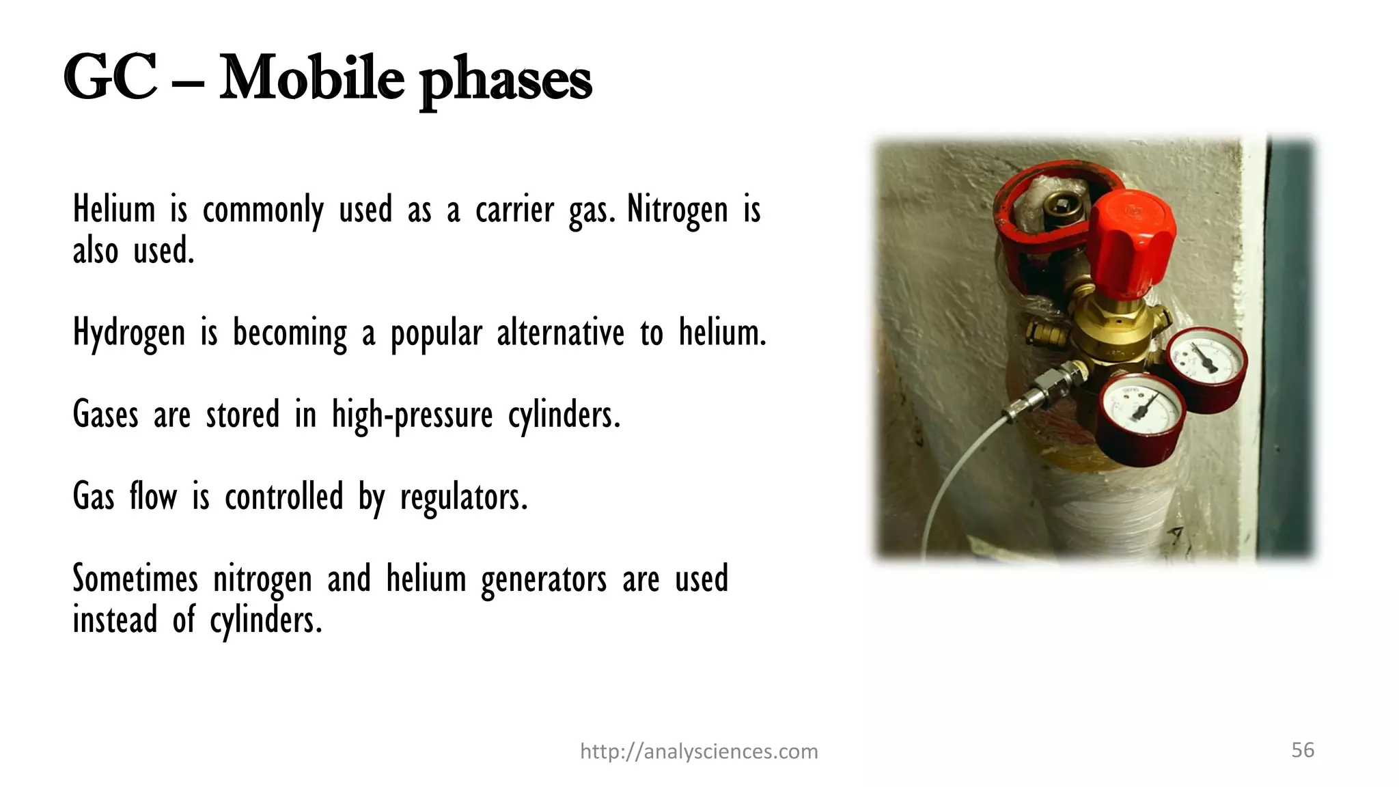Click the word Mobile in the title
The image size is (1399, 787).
click(x=311, y=79)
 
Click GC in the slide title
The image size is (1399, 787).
click(x=111, y=79)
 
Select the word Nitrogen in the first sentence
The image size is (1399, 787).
click(x=677, y=209)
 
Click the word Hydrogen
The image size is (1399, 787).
click(x=129, y=333)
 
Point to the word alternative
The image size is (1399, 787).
click(x=560, y=333)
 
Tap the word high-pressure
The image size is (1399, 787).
click(x=412, y=415)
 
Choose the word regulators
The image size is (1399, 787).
click(x=464, y=497)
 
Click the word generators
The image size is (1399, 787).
click(x=544, y=579)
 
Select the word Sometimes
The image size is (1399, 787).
click(x=135, y=579)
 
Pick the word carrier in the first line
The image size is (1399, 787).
click(x=514, y=209)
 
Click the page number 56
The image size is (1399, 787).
click(x=1303, y=750)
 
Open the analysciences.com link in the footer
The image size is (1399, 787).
click(x=699, y=751)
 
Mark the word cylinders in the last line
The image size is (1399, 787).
click(x=265, y=620)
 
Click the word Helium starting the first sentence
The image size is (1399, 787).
click(x=114, y=209)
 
